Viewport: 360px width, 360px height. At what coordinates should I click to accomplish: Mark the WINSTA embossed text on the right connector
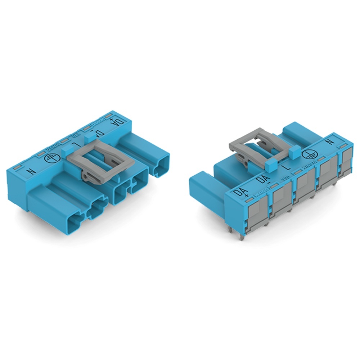[307, 166]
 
